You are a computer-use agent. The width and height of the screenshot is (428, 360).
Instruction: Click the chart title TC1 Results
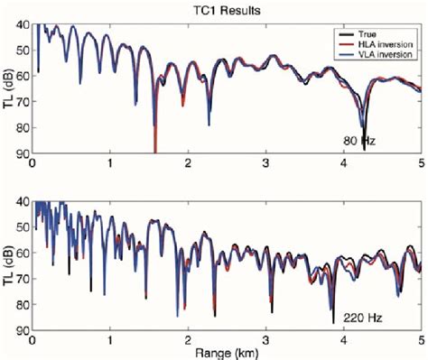[x=226, y=8]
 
